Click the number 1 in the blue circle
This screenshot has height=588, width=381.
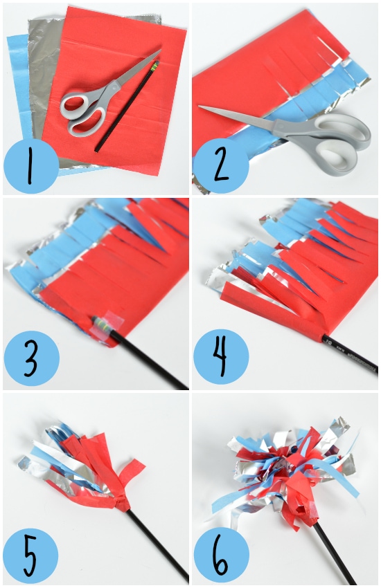(30, 167)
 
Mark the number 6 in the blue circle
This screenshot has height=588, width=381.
(220, 555)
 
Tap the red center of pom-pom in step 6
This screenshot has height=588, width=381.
(291, 484)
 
